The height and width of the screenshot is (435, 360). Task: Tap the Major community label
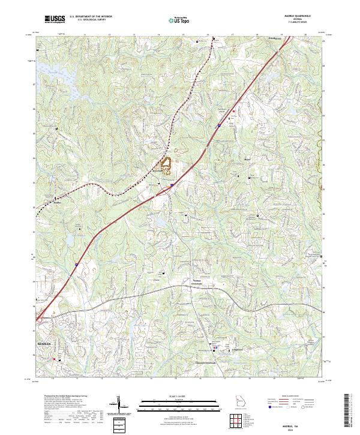click(248, 159)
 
